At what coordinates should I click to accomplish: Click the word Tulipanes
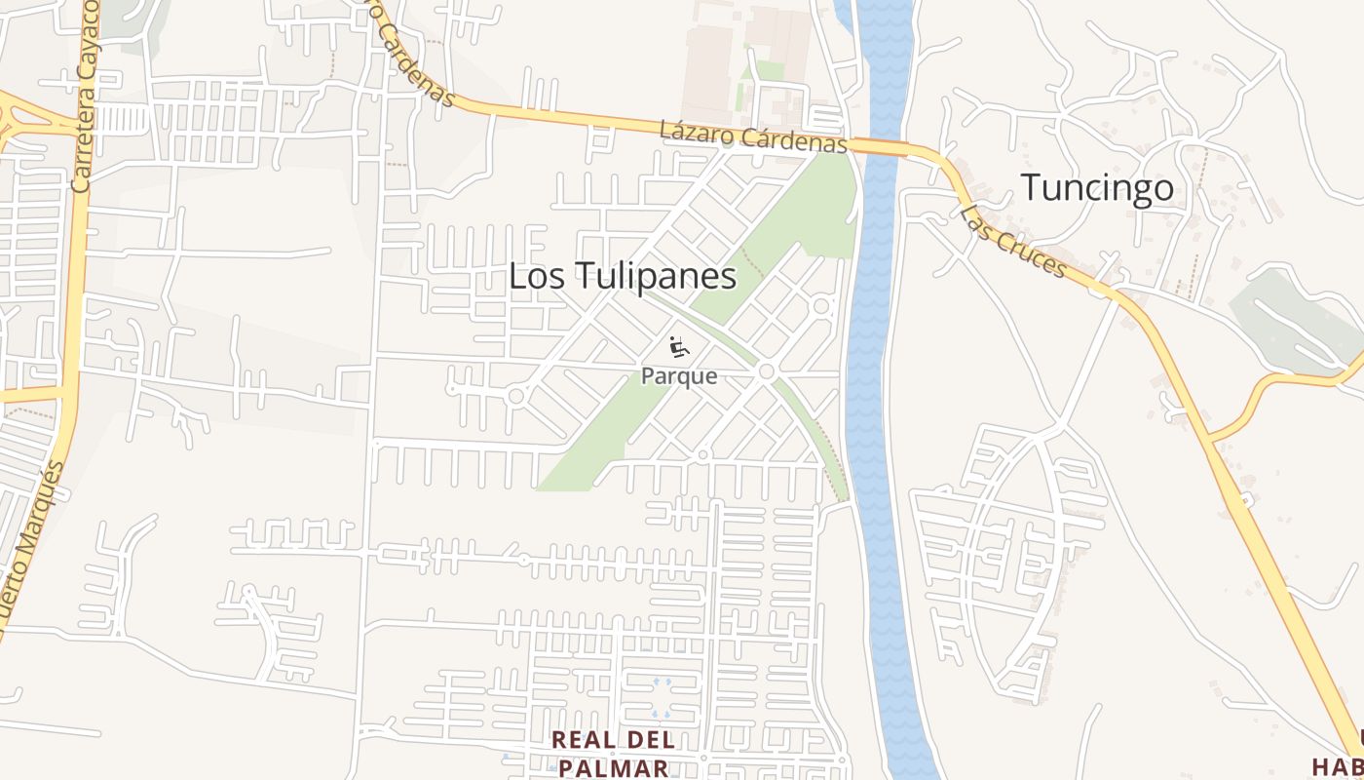pos(658,276)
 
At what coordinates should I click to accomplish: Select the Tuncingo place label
pos(1097,187)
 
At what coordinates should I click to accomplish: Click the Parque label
pos(679,376)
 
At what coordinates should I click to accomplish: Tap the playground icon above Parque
pos(679,347)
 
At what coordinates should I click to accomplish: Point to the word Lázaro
pos(696,133)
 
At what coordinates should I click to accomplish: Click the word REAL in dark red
pos(586,740)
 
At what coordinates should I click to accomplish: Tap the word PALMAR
pos(614,767)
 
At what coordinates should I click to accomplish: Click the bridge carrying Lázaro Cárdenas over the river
pos(881,147)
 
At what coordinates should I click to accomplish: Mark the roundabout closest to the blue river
pos(821,306)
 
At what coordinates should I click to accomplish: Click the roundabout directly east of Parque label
pos(767,371)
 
